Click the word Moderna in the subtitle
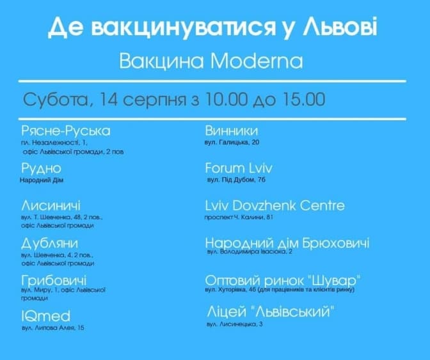tap(257, 61)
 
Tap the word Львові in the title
tap(340, 27)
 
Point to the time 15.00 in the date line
tap(303, 99)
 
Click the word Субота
tap(56, 100)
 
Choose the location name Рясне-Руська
tap(66, 131)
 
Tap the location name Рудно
tap(41, 168)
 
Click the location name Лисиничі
tap(51, 205)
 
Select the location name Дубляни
tap(50, 243)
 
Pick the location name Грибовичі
tap(54, 281)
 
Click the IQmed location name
tap(46, 316)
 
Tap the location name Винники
tap(232, 130)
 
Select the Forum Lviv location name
tap(239, 168)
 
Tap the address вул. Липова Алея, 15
tap(53, 327)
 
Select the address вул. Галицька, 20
tap(232, 143)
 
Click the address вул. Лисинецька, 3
tap(235, 324)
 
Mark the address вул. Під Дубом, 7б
tap(236, 180)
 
